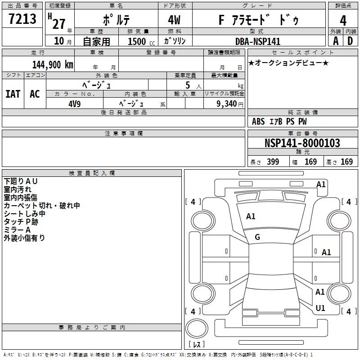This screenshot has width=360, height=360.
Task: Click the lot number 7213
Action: coord(22,19)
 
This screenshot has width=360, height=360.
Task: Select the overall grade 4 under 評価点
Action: coord(343,21)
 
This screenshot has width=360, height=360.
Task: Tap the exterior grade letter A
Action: coord(336,41)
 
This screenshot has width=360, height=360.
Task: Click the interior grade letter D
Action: coord(350,41)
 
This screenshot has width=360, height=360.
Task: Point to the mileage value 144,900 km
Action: coord(53,65)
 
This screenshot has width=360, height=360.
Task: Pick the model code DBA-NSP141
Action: coord(258,41)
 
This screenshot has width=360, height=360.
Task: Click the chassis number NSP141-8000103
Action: coord(302,143)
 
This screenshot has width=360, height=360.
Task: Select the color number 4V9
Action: coord(75,104)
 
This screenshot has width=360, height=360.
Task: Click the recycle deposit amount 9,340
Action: coord(227,104)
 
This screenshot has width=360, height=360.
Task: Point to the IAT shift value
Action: coord(13,94)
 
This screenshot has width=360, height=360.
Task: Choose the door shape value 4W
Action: coord(174,20)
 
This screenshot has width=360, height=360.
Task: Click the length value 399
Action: coord(273,162)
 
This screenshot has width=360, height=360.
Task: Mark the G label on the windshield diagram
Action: coord(257,237)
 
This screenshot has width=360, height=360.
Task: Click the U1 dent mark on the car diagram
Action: coord(320,308)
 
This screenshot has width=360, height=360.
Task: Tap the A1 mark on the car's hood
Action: coord(251,216)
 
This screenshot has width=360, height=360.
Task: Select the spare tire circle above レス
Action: coord(197,328)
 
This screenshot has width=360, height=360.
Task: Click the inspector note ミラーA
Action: coord(17,230)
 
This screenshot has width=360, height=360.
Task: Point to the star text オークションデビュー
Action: coord(288,63)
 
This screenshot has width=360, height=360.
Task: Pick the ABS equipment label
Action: coord(258,121)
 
